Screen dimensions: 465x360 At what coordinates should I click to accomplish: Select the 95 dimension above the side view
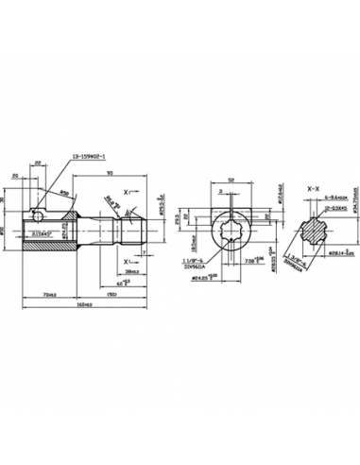[x=111, y=172]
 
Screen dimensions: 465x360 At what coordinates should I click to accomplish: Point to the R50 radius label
[x=65, y=193]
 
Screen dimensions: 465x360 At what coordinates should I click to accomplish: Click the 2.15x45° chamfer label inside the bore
[x=41, y=233]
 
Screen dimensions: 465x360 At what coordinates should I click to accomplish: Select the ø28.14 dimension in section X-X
[x=328, y=253]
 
